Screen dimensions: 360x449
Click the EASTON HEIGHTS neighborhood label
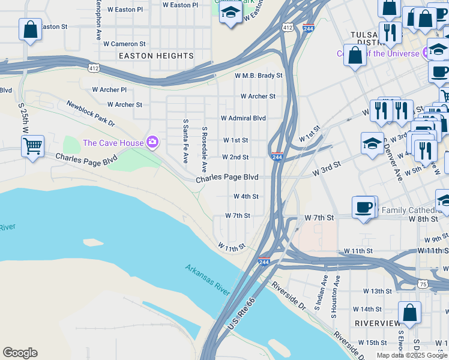(156, 56)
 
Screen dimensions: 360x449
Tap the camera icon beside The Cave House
(152, 142)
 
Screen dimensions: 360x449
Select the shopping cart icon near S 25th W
(32, 145)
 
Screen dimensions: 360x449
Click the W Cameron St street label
(124, 44)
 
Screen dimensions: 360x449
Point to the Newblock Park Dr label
(90, 113)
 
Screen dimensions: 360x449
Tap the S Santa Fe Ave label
(186, 141)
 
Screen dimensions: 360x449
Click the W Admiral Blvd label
(243, 118)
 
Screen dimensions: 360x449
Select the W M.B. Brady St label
(258, 76)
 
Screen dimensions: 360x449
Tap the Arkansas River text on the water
(207, 280)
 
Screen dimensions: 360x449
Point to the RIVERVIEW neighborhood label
(378, 323)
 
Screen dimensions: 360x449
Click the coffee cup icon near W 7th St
(363, 207)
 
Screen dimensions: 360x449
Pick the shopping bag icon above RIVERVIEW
(409, 313)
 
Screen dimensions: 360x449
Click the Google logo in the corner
(20, 353)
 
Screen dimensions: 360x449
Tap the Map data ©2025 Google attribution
(412, 355)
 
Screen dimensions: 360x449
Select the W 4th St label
(246, 196)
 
